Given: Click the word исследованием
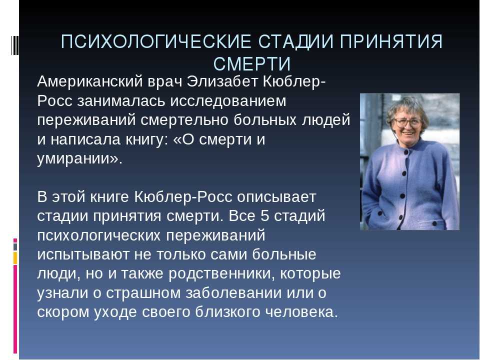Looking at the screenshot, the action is pyautogui.click(x=228, y=101).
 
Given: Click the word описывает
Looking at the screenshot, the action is pyautogui.click(x=276, y=197).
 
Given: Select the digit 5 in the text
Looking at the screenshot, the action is pyautogui.click(x=265, y=216).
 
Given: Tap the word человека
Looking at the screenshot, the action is pyautogui.click(x=301, y=312).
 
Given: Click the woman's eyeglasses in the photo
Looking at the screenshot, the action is pyautogui.click(x=407, y=122).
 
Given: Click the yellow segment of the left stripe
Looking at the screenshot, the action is pyautogui.click(x=15, y=258).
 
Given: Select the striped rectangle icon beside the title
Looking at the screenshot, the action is pyautogui.click(x=14, y=41).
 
